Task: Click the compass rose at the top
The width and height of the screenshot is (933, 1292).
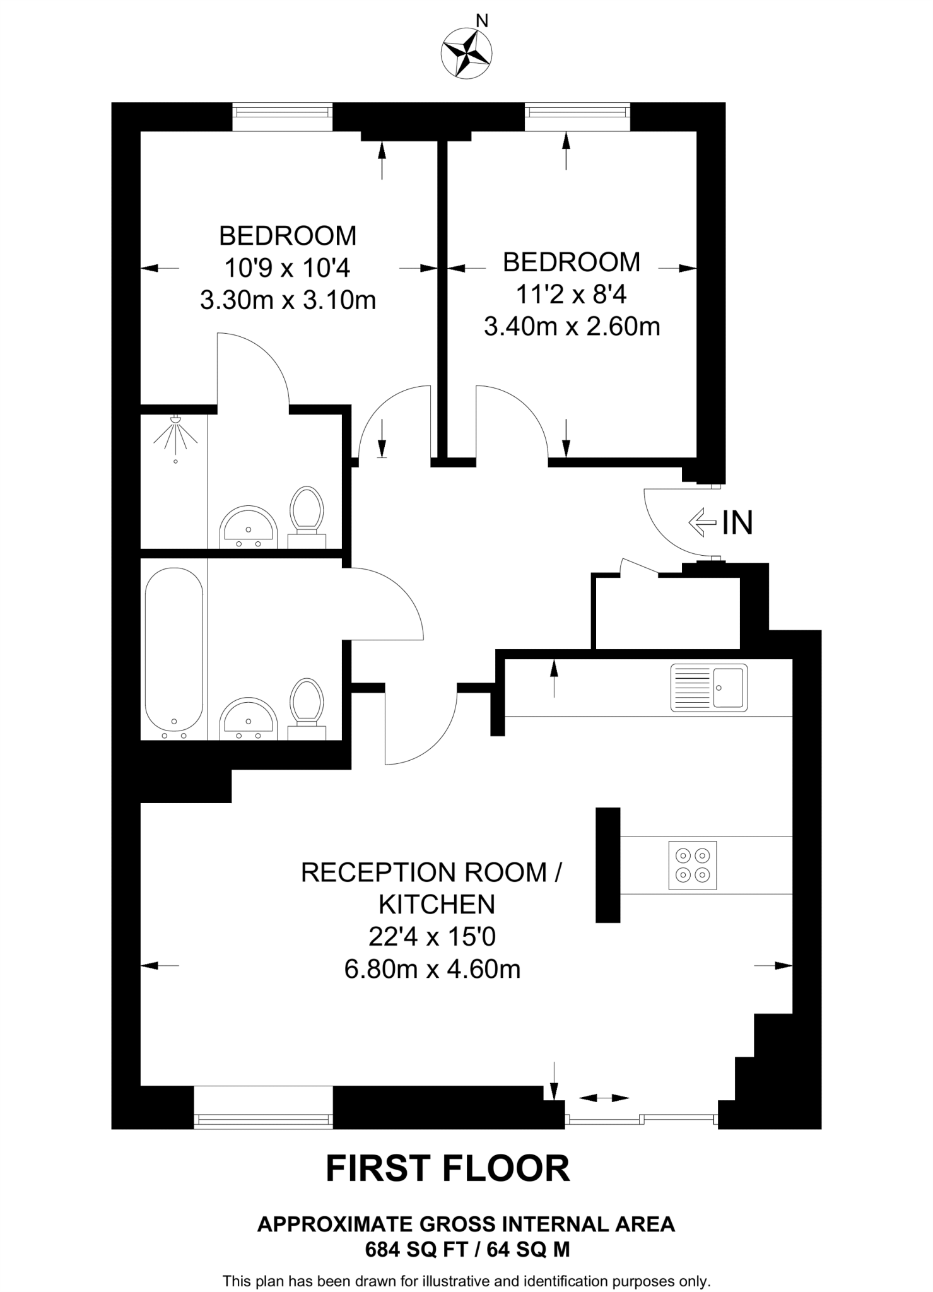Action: (467, 54)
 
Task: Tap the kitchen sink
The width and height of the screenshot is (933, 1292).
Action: (708, 687)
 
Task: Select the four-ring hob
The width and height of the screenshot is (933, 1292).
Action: (693, 865)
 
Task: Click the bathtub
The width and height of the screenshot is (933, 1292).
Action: (174, 654)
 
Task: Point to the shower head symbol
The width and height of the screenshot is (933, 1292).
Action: (176, 433)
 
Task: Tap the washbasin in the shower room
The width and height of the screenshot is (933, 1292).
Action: (248, 527)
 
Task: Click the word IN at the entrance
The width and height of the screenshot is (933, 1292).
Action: (737, 522)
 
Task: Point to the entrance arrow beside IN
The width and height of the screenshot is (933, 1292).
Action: (702, 522)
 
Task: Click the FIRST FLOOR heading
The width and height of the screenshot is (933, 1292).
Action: (447, 1168)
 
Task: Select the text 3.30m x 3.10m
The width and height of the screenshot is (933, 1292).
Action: (288, 300)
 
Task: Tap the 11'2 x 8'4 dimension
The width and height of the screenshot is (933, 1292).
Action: (572, 294)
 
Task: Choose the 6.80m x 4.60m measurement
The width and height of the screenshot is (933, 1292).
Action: (432, 968)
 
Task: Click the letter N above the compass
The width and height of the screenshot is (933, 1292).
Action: (482, 21)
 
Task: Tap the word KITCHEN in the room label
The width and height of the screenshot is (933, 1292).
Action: (437, 905)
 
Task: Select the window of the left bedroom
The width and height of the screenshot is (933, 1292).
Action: (282, 112)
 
